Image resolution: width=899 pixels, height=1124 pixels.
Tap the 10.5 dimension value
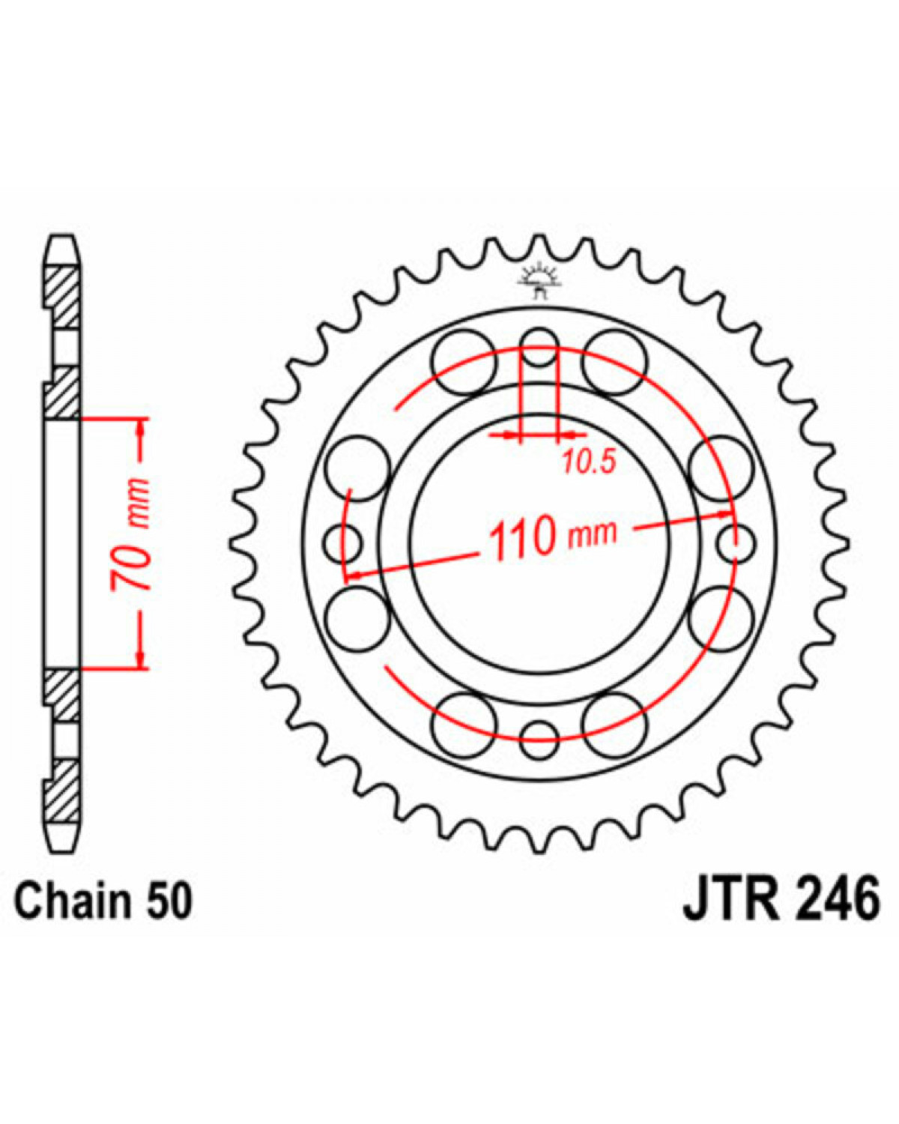point(590,462)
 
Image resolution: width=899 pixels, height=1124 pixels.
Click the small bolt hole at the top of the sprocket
point(539,348)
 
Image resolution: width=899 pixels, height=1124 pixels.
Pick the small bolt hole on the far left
point(343,544)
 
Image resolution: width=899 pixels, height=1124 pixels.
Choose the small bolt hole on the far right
point(736,544)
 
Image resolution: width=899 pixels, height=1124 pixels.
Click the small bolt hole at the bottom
point(539,740)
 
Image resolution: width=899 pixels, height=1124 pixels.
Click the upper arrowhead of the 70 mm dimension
point(141,428)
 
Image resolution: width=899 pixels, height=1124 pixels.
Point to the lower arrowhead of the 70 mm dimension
point(141,659)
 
